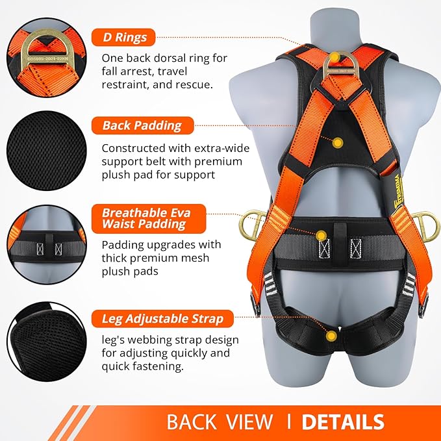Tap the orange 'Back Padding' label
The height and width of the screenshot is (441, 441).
[x=142, y=125]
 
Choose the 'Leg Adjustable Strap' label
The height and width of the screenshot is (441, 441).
[x=162, y=319]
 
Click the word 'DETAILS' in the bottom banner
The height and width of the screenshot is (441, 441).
[x=343, y=422]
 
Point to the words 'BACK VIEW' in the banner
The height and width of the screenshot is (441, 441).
[x=220, y=422]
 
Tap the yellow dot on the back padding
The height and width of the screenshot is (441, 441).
[x=338, y=142]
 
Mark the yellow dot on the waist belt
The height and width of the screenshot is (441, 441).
[x=321, y=234]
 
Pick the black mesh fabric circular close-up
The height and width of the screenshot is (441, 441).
[x=45, y=149]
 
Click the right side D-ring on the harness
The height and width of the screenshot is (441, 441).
[x=425, y=223]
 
